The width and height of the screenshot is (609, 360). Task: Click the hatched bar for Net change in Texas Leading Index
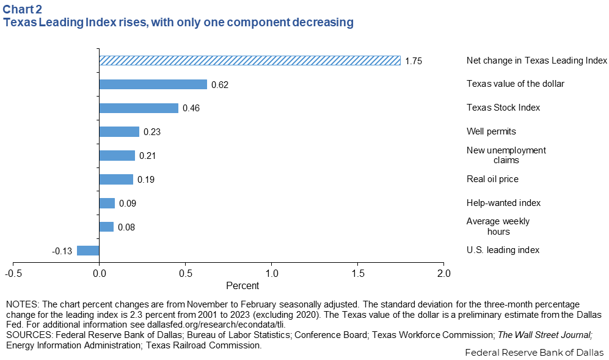[249, 61]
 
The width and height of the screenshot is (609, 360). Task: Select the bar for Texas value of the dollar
[153, 84]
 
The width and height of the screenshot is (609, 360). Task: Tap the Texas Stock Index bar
[139, 108]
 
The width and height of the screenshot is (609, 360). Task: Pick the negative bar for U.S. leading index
[88, 250]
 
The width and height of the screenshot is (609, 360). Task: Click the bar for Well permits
[119, 131]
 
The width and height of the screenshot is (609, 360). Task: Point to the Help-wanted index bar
[107, 203]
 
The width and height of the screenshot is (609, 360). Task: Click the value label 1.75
[414, 61]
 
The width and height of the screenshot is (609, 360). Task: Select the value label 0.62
[219, 84]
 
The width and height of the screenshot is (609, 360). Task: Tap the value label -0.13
[63, 251]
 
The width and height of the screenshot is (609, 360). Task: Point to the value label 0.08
[126, 227]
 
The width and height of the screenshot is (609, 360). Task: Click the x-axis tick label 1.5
[357, 273]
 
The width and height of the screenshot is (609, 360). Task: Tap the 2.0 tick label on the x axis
[443, 273]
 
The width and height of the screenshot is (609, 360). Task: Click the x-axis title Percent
[243, 285]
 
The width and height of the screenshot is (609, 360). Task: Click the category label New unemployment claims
[506, 155]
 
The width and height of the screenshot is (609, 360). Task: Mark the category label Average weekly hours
[498, 226]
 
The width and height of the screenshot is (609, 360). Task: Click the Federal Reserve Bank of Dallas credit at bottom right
[534, 353]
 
